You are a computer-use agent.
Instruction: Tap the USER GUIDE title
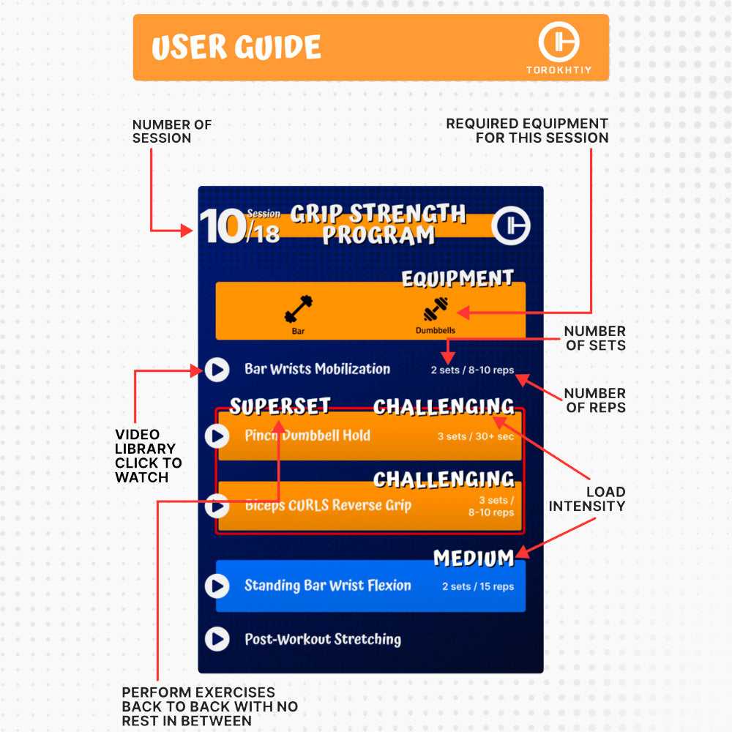(x=236, y=47)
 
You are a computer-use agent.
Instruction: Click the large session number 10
(x=223, y=226)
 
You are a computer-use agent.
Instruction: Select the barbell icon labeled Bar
(x=299, y=309)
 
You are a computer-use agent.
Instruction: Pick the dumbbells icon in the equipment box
(x=436, y=309)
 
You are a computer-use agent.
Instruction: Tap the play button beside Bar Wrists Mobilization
(x=217, y=370)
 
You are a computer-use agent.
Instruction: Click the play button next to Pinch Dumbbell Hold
(x=217, y=436)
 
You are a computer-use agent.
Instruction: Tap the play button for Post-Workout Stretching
(x=217, y=639)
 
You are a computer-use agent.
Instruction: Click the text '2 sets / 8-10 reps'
(x=472, y=370)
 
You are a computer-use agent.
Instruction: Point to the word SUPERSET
(x=280, y=406)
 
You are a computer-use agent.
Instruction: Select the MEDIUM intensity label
(x=474, y=559)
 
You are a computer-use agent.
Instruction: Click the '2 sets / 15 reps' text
(x=478, y=587)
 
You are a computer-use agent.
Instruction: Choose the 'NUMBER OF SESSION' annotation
(x=172, y=131)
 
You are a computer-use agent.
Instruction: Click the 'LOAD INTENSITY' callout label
(x=587, y=499)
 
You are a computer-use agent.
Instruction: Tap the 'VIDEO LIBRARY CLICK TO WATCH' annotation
(x=149, y=456)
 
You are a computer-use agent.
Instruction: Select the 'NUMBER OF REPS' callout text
(x=594, y=400)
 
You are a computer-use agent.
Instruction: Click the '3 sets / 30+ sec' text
(x=475, y=436)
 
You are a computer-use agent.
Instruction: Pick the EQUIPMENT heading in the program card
(x=457, y=279)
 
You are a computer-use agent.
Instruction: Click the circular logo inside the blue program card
(x=511, y=225)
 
